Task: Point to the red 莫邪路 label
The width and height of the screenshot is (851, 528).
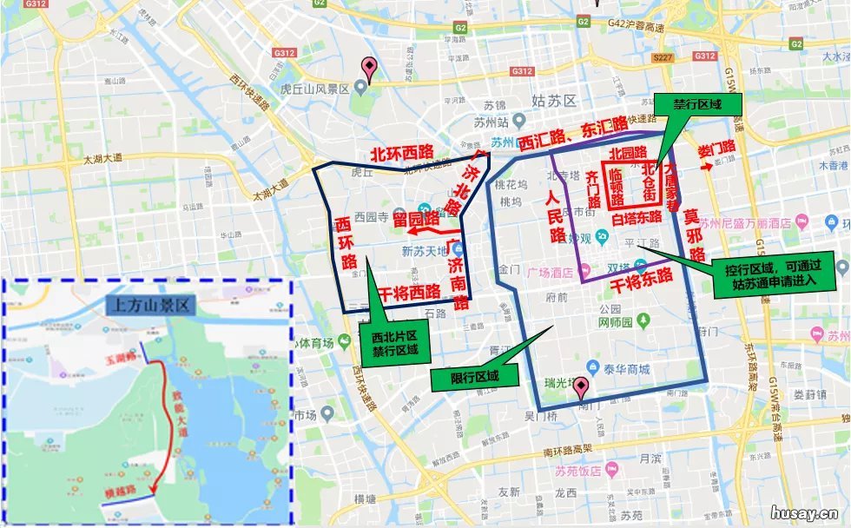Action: [x=692, y=234]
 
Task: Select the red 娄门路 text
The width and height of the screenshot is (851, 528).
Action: [x=716, y=148]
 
